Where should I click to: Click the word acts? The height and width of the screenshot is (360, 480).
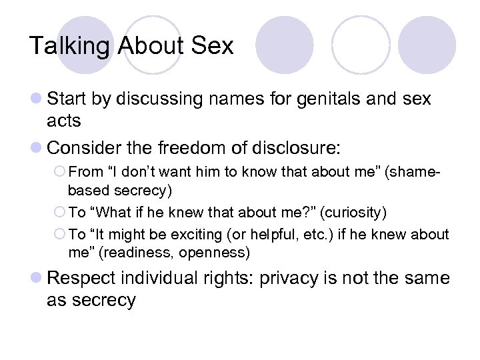click(63, 121)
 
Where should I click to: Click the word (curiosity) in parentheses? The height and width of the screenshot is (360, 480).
click(355, 212)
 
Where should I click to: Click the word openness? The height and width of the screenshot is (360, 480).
click(220, 253)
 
